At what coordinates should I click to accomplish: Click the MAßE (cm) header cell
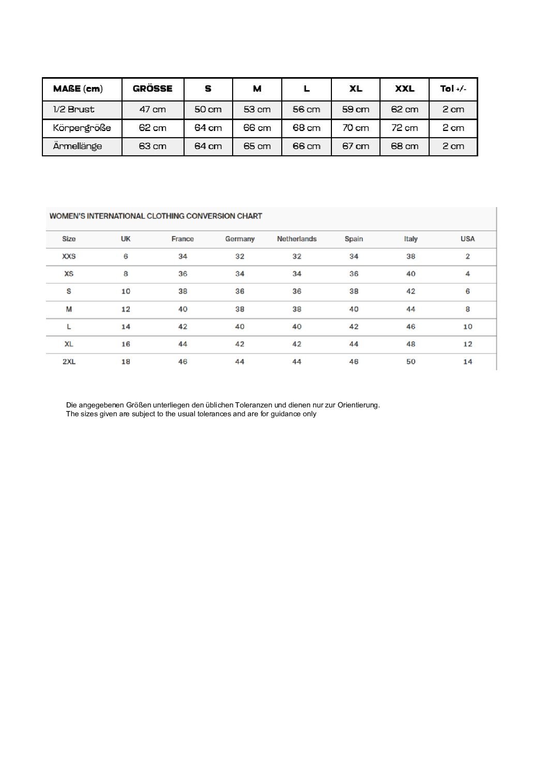pyautogui.click(x=78, y=89)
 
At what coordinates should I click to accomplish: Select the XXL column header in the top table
pyautogui.click(x=404, y=89)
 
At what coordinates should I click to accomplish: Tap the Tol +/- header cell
pyautogui.click(x=453, y=89)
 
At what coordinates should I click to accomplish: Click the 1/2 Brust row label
pyautogui.click(x=74, y=109)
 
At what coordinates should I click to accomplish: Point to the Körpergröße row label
pyautogui.click(x=82, y=128)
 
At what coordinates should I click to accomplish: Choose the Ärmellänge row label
pyautogui.click(x=78, y=146)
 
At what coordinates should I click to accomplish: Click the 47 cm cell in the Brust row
pyautogui.click(x=153, y=109)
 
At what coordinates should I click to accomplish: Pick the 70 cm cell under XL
pyautogui.click(x=356, y=128)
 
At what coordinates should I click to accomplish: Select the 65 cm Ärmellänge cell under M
pyautogui.click(x=257, y=146)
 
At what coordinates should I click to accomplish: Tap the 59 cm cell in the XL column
pyautogui.click(x=356, y=109)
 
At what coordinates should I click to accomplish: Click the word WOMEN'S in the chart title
pyautogui.click(x=67, y=216)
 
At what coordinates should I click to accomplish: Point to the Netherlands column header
pyautogui.click(x=297, y=239)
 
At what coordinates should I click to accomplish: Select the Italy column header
pyautogui.click(x=411, y=239)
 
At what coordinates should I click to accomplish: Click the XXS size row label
pyautogui.click(x=69, y=256)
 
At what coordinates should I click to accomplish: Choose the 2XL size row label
pyautogui.click(x=69, y=362)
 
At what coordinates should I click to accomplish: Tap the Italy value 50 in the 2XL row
pyautogui.click(x=411, y=362)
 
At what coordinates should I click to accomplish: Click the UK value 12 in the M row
pyautogui.click(x=126, y=309)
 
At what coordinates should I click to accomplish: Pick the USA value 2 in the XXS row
pyautogui.click(x=467, y=256)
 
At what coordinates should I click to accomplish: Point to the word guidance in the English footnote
pyautogui.click(x=284, y=414)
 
